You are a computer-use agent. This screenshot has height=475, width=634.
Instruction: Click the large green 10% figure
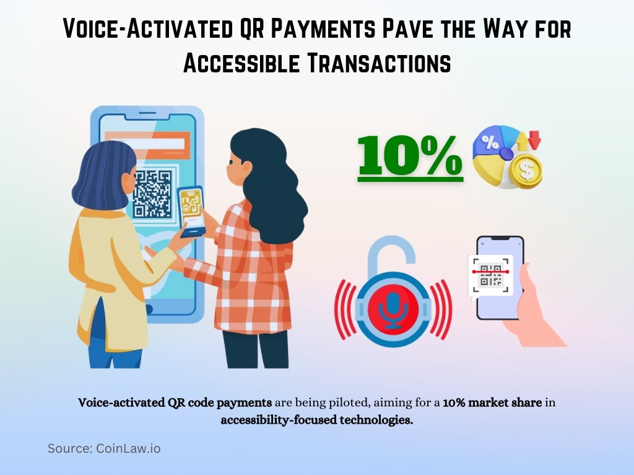click(x=410, y=156)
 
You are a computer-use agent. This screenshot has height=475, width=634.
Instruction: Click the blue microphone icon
click(x=392, y=307)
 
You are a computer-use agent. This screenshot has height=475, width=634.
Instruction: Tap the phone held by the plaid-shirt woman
click(x=191, y=210)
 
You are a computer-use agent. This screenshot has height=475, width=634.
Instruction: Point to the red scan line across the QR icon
click(x=491, y=272)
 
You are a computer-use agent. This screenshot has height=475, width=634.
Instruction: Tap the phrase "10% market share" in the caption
click(x=493, y=403)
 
